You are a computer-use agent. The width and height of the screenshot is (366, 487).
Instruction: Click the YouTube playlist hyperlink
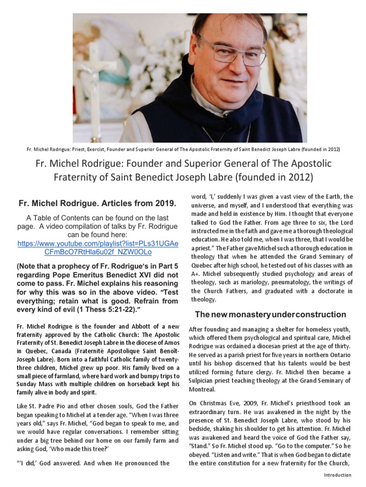click(98, 247)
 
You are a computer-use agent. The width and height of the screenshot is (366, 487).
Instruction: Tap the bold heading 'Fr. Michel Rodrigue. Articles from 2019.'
click(97, 204)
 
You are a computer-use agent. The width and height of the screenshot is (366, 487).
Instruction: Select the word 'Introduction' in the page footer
click(337, 476)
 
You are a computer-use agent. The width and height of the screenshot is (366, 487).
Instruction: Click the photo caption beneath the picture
click(183, 149)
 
